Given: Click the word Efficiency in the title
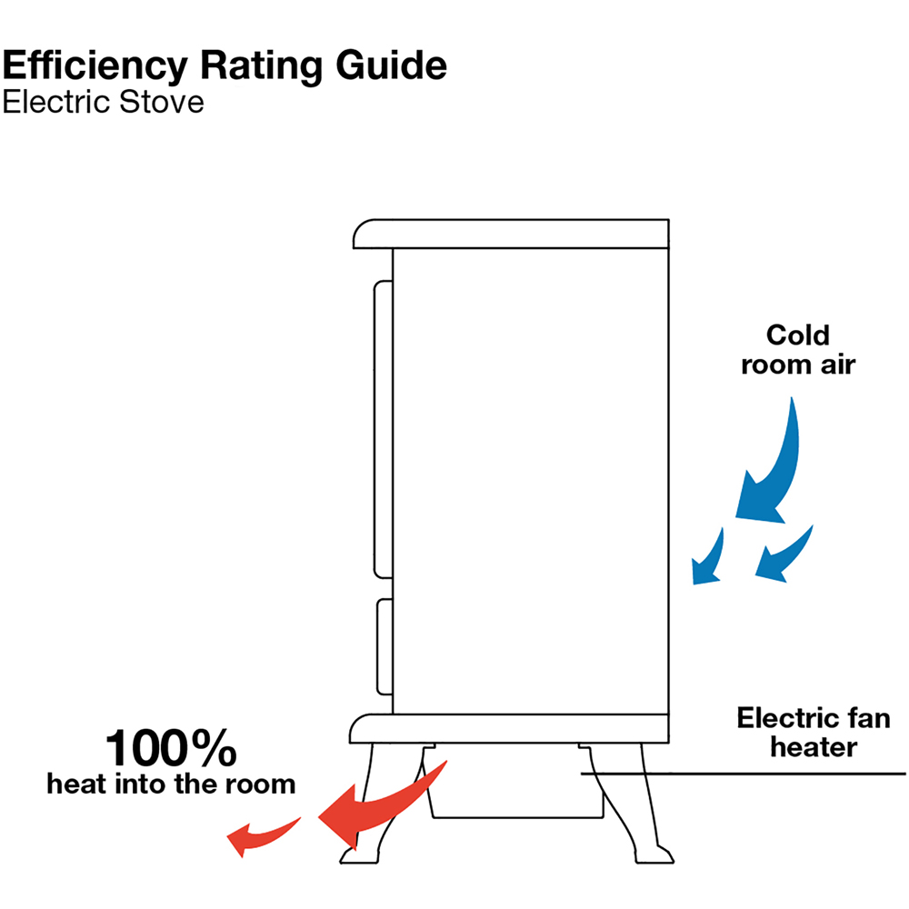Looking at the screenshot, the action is [95, 66].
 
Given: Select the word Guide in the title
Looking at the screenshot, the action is [391, 65].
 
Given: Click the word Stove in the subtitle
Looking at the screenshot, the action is [162, 102].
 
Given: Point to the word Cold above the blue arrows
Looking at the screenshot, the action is [798, 335].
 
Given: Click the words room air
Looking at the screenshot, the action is [798, 365].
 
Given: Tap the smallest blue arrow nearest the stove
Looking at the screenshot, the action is [708, 556].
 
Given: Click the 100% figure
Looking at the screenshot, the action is [171, 748].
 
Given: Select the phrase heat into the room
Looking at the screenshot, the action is [171, 784].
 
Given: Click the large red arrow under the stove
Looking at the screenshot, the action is [383, 805].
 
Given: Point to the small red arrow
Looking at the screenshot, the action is [264, 836].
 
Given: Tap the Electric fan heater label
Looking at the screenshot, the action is [814, 732].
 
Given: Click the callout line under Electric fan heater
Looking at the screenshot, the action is [744, 774].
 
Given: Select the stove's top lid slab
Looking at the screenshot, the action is [511, 235].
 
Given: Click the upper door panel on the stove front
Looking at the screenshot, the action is [384, 430].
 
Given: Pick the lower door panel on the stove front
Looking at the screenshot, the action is [385, 646].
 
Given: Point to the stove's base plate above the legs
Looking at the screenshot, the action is [509, 729].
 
